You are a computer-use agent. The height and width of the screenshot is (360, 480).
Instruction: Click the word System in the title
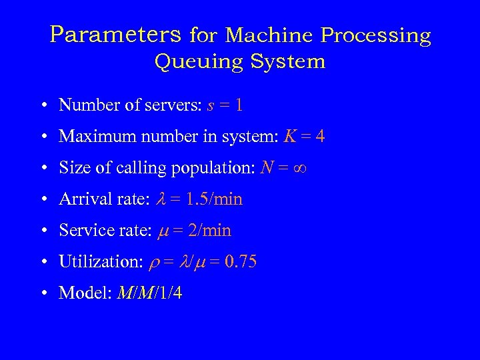(288, 62)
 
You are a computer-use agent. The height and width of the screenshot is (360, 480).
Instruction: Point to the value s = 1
(223, 105)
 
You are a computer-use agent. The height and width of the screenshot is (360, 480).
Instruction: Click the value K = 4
(304, 137)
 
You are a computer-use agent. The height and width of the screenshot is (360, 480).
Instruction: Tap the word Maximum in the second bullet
(90, 137)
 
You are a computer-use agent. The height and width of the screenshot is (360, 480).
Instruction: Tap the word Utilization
(97, 262)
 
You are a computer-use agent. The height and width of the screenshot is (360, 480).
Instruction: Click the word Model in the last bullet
(79, 293)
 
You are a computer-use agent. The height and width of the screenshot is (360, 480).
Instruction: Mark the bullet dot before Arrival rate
(43, 200)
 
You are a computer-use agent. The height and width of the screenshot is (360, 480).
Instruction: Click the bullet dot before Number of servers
(43, 106)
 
